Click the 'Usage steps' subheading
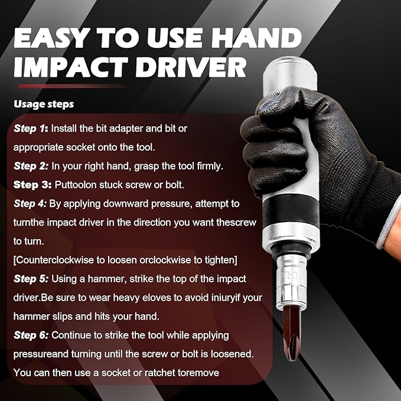click(44, 104)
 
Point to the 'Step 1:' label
click(31, 128)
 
